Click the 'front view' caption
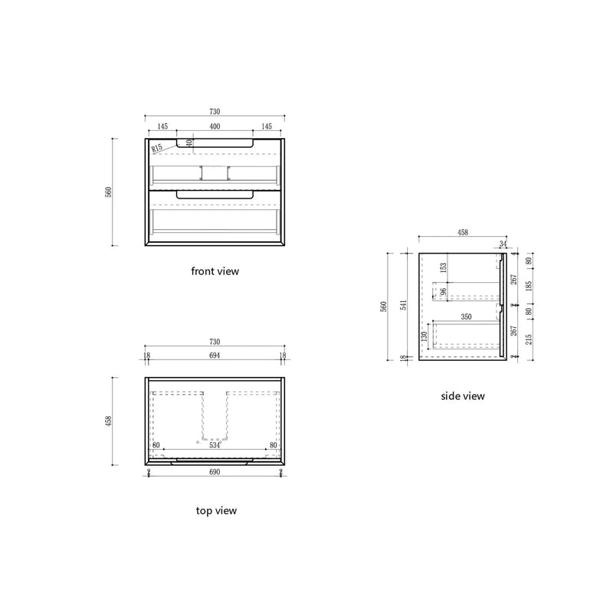click(x=215, y=270)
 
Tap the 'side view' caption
click(x=463, y=396)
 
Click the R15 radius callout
click(x=157, y=148)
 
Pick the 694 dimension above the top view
click(x=215, y=356)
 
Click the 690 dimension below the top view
click(x=215, y=473)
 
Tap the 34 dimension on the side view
click(x=503, y=244)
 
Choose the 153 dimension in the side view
click(x=443, y=267)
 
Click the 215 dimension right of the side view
click(x=528, y=337)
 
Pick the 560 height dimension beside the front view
click(x=109, y=192)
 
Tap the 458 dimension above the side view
click(x=463, y=232)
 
